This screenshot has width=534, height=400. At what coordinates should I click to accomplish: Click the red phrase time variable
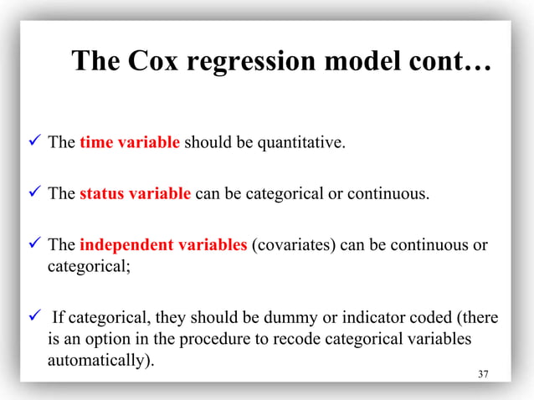130,142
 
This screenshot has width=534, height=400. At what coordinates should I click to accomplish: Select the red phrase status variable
136,195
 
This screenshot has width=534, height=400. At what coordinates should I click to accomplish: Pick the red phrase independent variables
163,245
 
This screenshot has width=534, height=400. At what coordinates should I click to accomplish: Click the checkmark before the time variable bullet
34,142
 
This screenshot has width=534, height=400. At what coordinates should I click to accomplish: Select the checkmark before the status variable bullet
34,195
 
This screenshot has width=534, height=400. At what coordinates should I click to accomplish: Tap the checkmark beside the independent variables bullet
34,245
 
